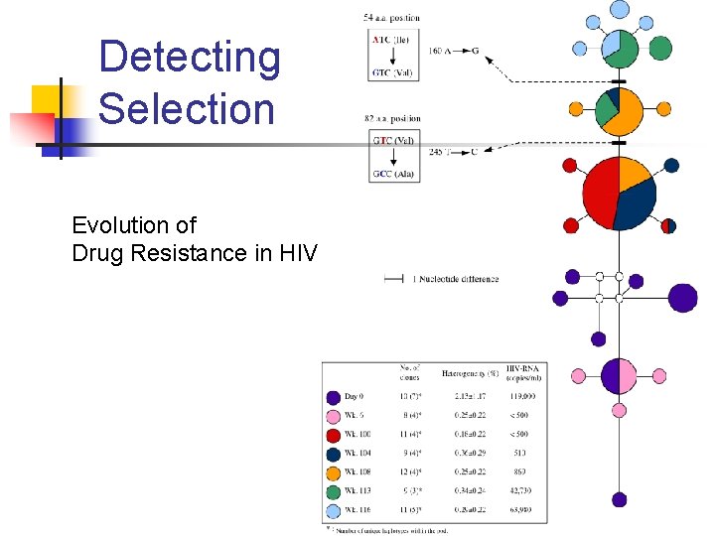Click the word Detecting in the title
(x=190, y=58)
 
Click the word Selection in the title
(x=187, y=108)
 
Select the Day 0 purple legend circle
(x=334, y=397)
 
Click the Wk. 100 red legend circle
(x=334, y=435)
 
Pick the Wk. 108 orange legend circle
(x=334, y=472)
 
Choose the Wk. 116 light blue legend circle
(x=334, y=510)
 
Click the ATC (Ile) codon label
(x=391, y=40)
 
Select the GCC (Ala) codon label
(x=394, y=175)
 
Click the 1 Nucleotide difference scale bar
(x=393, y=279)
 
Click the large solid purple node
(x=682, y=298)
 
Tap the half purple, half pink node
(x=620, y=376)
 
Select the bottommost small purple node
(x=620, y=500)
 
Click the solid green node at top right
(x=660, y=48)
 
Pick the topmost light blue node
(x=620, y=9)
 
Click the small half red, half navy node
(x=668, y=225)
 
